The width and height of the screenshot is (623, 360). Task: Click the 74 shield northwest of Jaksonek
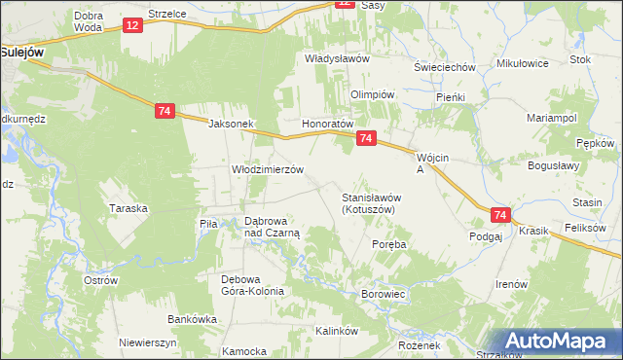coord(164,112)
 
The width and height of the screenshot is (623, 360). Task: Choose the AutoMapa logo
coord(559,342)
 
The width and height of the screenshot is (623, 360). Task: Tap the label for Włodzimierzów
coord(267,168)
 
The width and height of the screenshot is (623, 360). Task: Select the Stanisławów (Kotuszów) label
coord(371,202)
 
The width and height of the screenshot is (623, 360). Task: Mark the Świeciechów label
coord(443,67)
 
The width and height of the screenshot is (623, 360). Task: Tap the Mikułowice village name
coord(523,63)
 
